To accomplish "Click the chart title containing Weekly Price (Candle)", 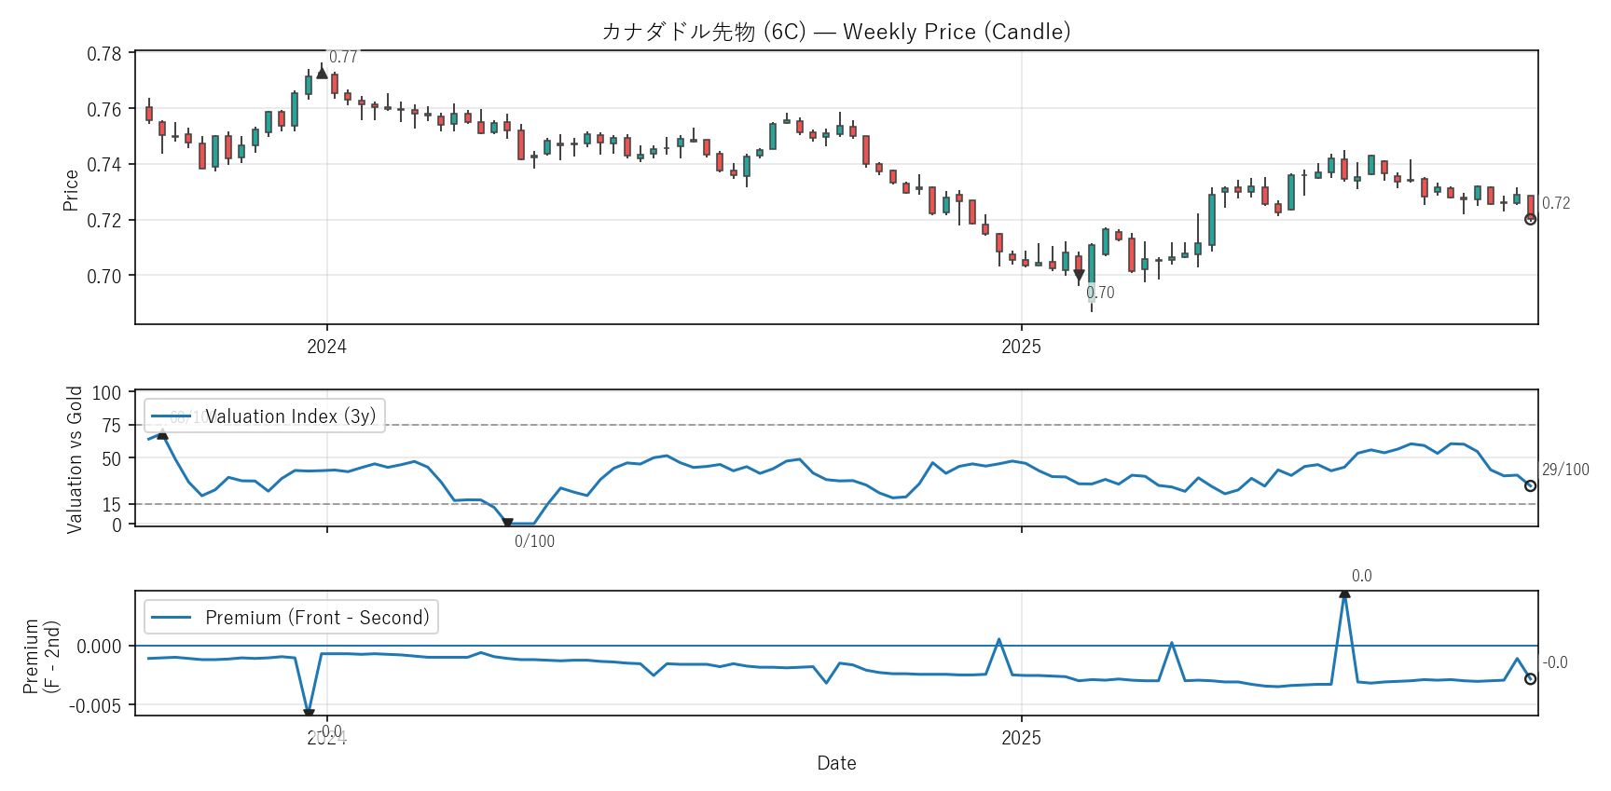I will click(836, 32).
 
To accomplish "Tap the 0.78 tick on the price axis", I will click(104, 54).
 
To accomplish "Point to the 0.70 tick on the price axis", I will click(104, 276).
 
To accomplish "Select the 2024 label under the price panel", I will click(326, 347).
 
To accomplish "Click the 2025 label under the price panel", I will click(1021, 347).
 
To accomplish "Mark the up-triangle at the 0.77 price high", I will click(322, 73).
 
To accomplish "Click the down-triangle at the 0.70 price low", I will click(1079, 275).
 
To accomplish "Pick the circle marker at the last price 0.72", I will click(1530, 219).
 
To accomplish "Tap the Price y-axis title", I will click(71, 190).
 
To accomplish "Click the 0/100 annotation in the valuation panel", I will click(534, 541).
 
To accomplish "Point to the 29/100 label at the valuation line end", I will click(1565, 470).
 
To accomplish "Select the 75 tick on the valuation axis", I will click(112, 426).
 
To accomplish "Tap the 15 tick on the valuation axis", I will click(112, 505).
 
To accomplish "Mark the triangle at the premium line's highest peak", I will click(1344, 593).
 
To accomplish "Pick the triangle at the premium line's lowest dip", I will click(309, 714).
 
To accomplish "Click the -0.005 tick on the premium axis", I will click(95, 705).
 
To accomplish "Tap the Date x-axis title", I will click(836, 763).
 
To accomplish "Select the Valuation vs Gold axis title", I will click(75, 459).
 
